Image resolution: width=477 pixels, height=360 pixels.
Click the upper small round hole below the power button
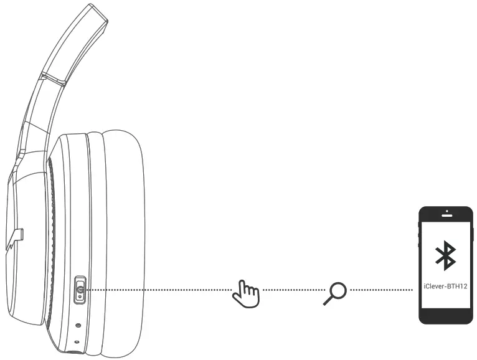coord(78,325)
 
